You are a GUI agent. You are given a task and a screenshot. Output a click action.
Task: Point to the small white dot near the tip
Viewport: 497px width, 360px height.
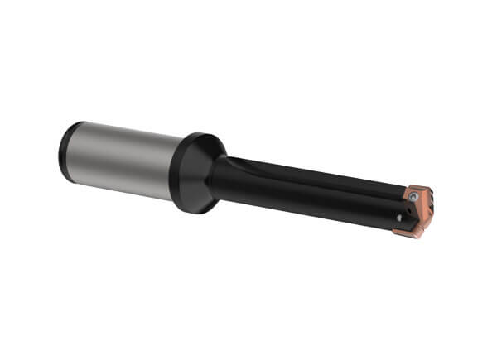pos(399,218)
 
